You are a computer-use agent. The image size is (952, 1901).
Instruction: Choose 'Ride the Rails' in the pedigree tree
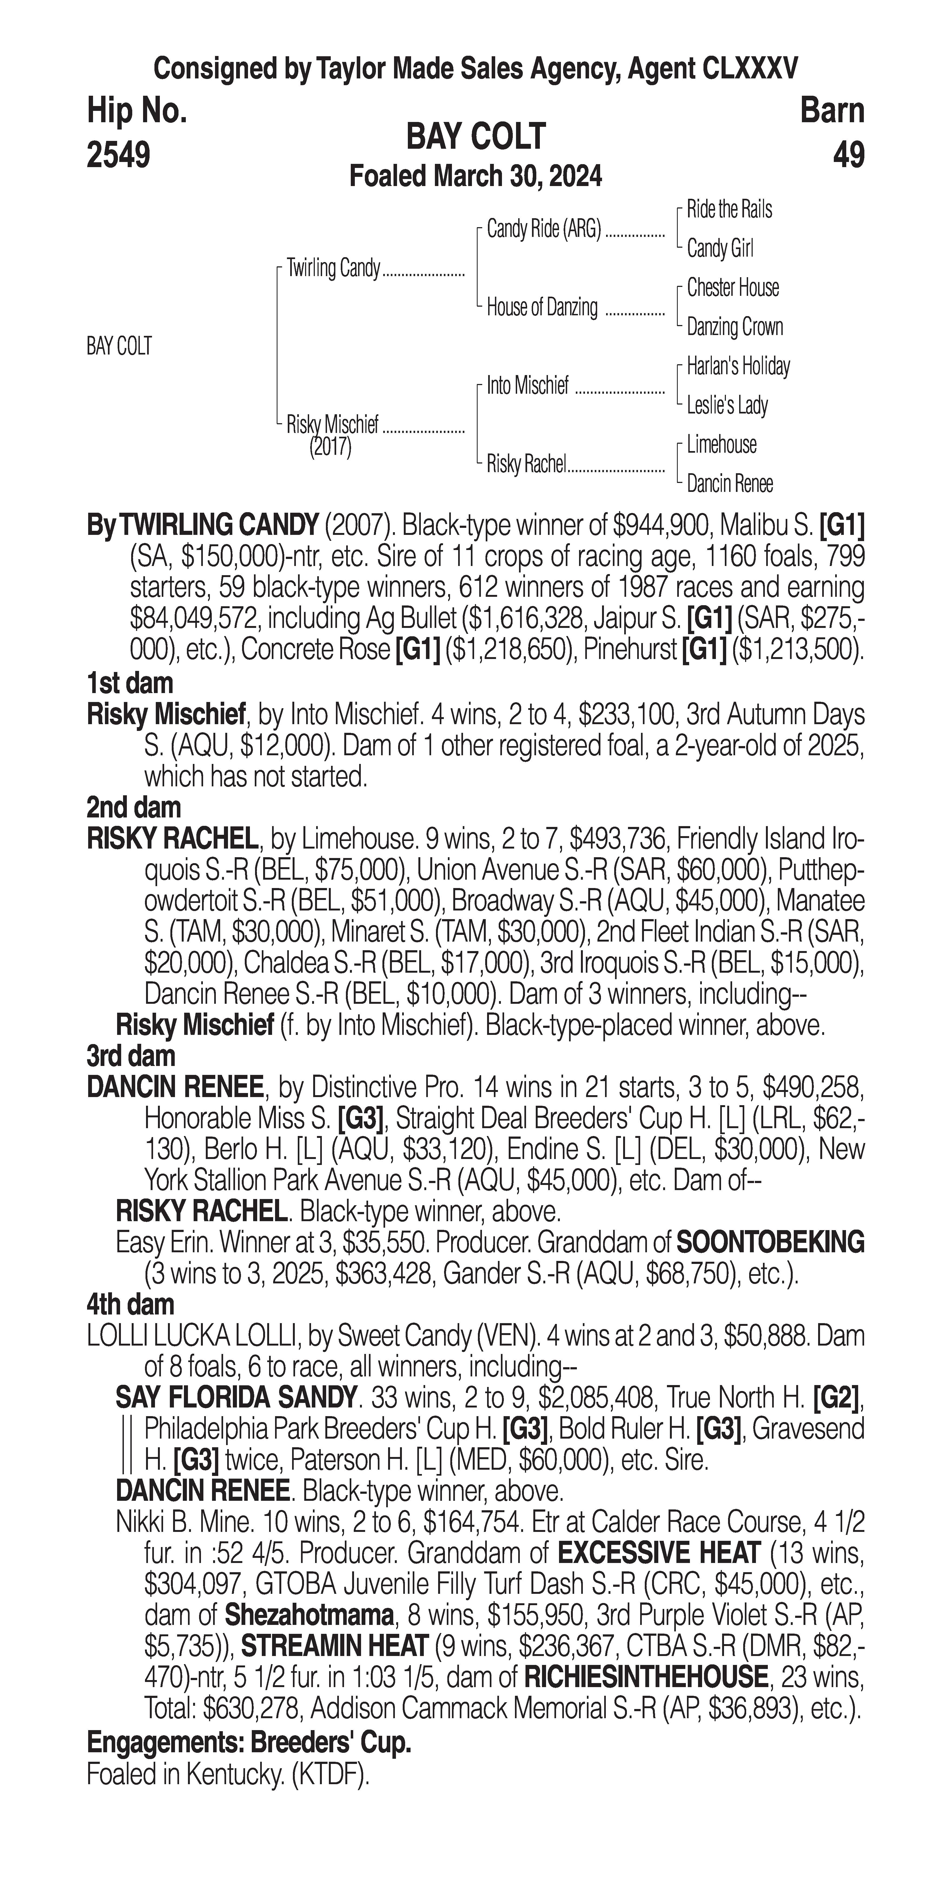729,210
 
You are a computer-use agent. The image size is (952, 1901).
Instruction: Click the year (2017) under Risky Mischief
330,447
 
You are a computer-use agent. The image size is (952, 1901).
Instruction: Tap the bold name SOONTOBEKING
770,1243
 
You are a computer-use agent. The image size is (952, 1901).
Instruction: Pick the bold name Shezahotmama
309,1615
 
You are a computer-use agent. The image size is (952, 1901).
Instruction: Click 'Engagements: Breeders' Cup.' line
249,1742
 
